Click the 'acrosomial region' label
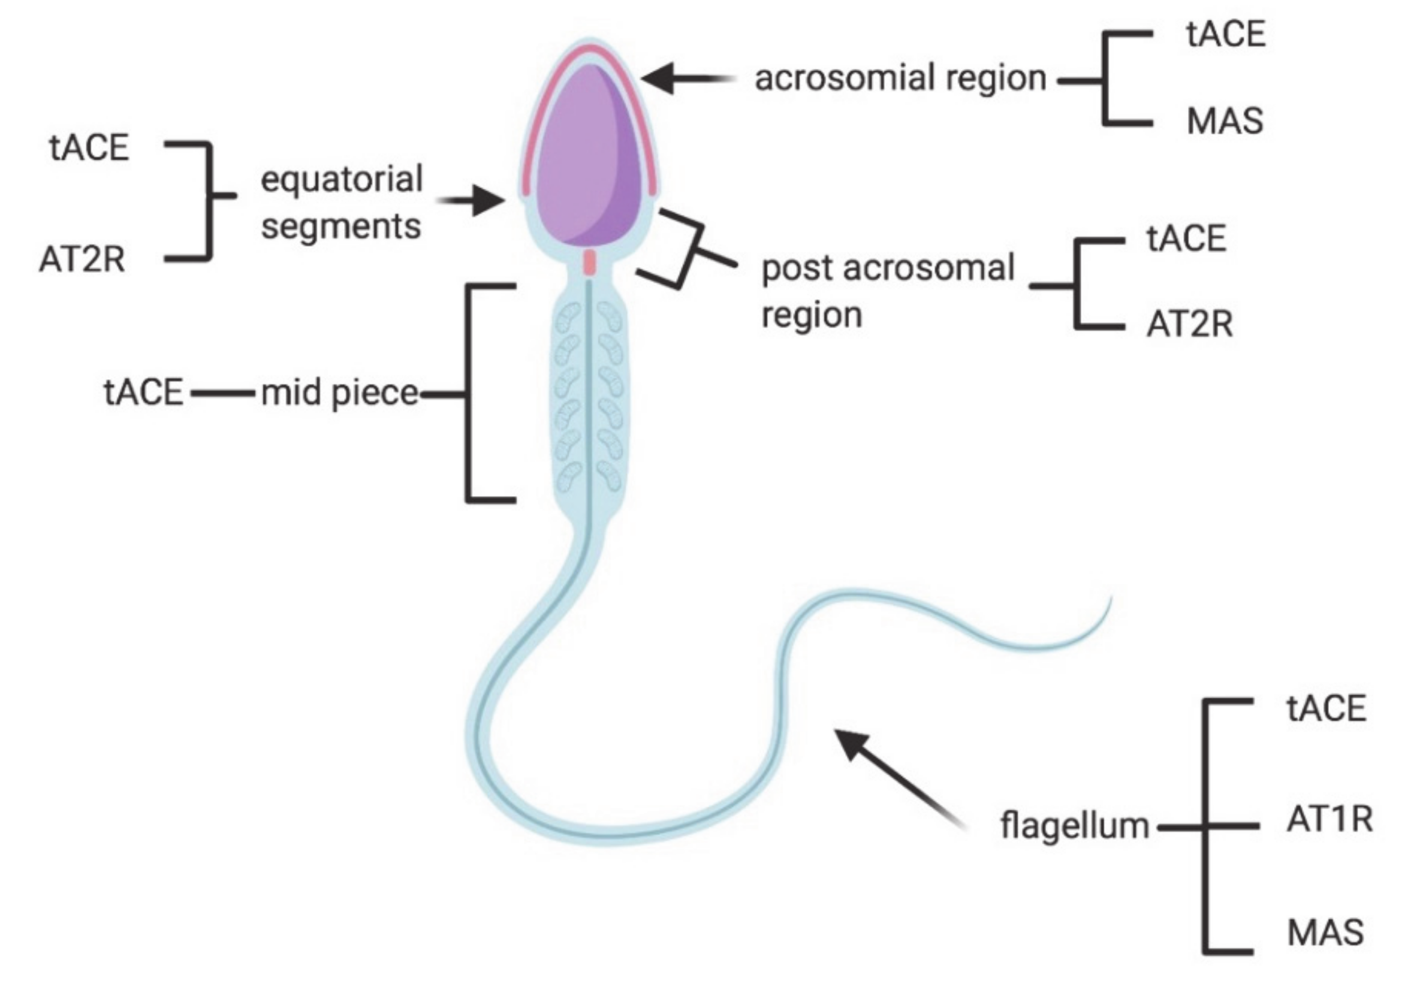[900, 79]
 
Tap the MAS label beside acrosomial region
[1225, 121]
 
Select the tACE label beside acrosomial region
[1225, 34]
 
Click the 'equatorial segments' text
[341, 203]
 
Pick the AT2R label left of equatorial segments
[82, 259]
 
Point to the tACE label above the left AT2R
[89, 148]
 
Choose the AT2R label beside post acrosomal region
[1189, 325]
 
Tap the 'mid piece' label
[339, 393]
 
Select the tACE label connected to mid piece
[144, 393]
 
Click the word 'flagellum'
[1075, 826]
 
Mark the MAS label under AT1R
[1326, 932]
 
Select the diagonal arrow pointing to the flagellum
[895, 774]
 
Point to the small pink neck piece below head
[590, 262]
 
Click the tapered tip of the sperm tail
[1108, 602]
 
